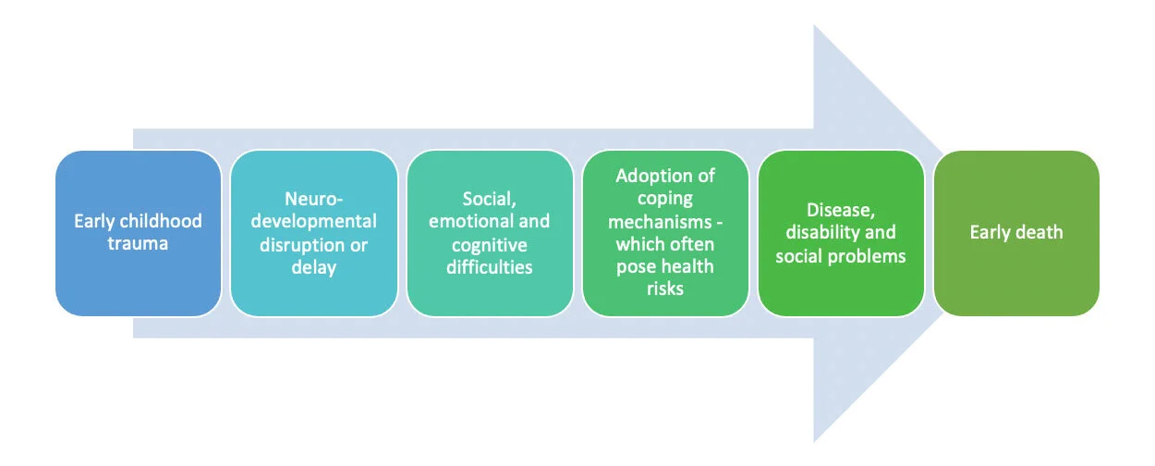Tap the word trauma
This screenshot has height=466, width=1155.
[x=139, y=244]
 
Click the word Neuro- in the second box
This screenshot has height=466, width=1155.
[x=313, y=198]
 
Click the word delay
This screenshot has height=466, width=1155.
[x=313, y=268]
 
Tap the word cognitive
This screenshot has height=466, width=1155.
[x=489, y=245]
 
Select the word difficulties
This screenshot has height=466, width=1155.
[x=489, y=268]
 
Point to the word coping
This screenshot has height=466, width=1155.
[x=664, y=198]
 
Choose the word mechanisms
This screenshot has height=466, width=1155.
[x=658, y=221]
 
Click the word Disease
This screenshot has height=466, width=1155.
[x=840, y=209]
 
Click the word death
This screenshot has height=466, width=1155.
[x=1039, y=233]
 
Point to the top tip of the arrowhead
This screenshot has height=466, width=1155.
[x=814, y=26]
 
